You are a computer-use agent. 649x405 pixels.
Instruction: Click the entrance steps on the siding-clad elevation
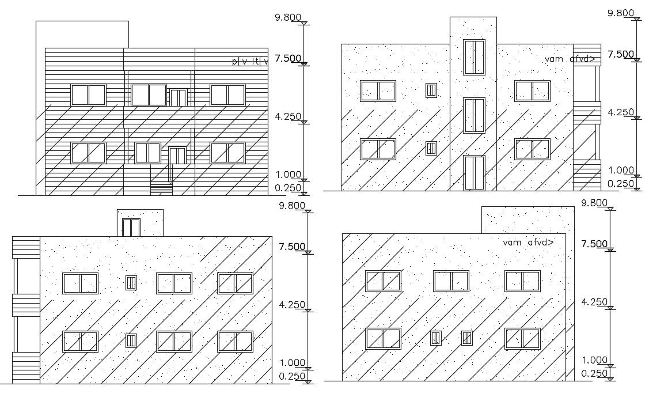(x=161, y=187)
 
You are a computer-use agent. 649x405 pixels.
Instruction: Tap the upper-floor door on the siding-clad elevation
(x=179, y=97)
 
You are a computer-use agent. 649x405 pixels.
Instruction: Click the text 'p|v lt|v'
(x=250, y=62)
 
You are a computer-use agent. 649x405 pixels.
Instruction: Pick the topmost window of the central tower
(x=475, y=57)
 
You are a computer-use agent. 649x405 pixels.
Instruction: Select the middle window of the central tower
(x=475, y=115)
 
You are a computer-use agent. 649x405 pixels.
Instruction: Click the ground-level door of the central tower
(x=475, y=172)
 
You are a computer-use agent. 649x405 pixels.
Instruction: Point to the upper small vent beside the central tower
(x=431, y=90)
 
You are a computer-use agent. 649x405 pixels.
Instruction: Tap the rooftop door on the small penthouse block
(x=132, y=227)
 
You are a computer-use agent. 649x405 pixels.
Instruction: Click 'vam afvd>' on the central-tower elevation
(x=569, y=59)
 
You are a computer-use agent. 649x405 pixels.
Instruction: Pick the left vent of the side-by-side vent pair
(x=436, y=338)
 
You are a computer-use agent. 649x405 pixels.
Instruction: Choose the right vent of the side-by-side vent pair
(x=467, y=338)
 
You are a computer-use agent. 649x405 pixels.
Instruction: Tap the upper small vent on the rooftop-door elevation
(x=132, y=282)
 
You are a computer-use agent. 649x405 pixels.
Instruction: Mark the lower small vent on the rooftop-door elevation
(x=132, y=340)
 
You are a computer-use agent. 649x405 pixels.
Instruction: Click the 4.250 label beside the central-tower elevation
(x=621, y=112)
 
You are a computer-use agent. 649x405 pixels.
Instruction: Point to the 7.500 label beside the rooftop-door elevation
(x=292, y=247)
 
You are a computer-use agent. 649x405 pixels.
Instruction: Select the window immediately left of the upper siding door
(x=149, y=95)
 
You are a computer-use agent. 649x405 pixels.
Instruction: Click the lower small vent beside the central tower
(x=431, y=148)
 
